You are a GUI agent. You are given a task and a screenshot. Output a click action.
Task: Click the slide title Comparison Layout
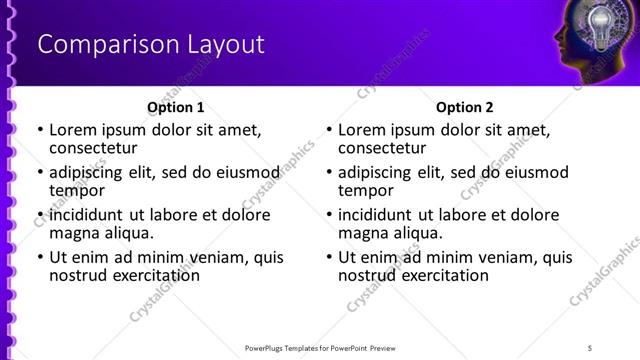[x=150, y=45]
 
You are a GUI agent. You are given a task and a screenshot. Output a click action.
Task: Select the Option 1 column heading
[x=176, y=107]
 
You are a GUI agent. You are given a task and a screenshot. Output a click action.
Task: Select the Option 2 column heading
[x=464, y=107]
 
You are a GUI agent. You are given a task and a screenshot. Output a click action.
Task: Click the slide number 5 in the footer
[x=590, y=348]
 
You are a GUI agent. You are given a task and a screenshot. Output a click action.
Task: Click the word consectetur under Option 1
[x=93, y=148]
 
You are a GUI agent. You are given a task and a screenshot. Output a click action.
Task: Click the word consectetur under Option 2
[x=382, y=148]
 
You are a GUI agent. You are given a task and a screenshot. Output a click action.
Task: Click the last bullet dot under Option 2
[x=329, y=257]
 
